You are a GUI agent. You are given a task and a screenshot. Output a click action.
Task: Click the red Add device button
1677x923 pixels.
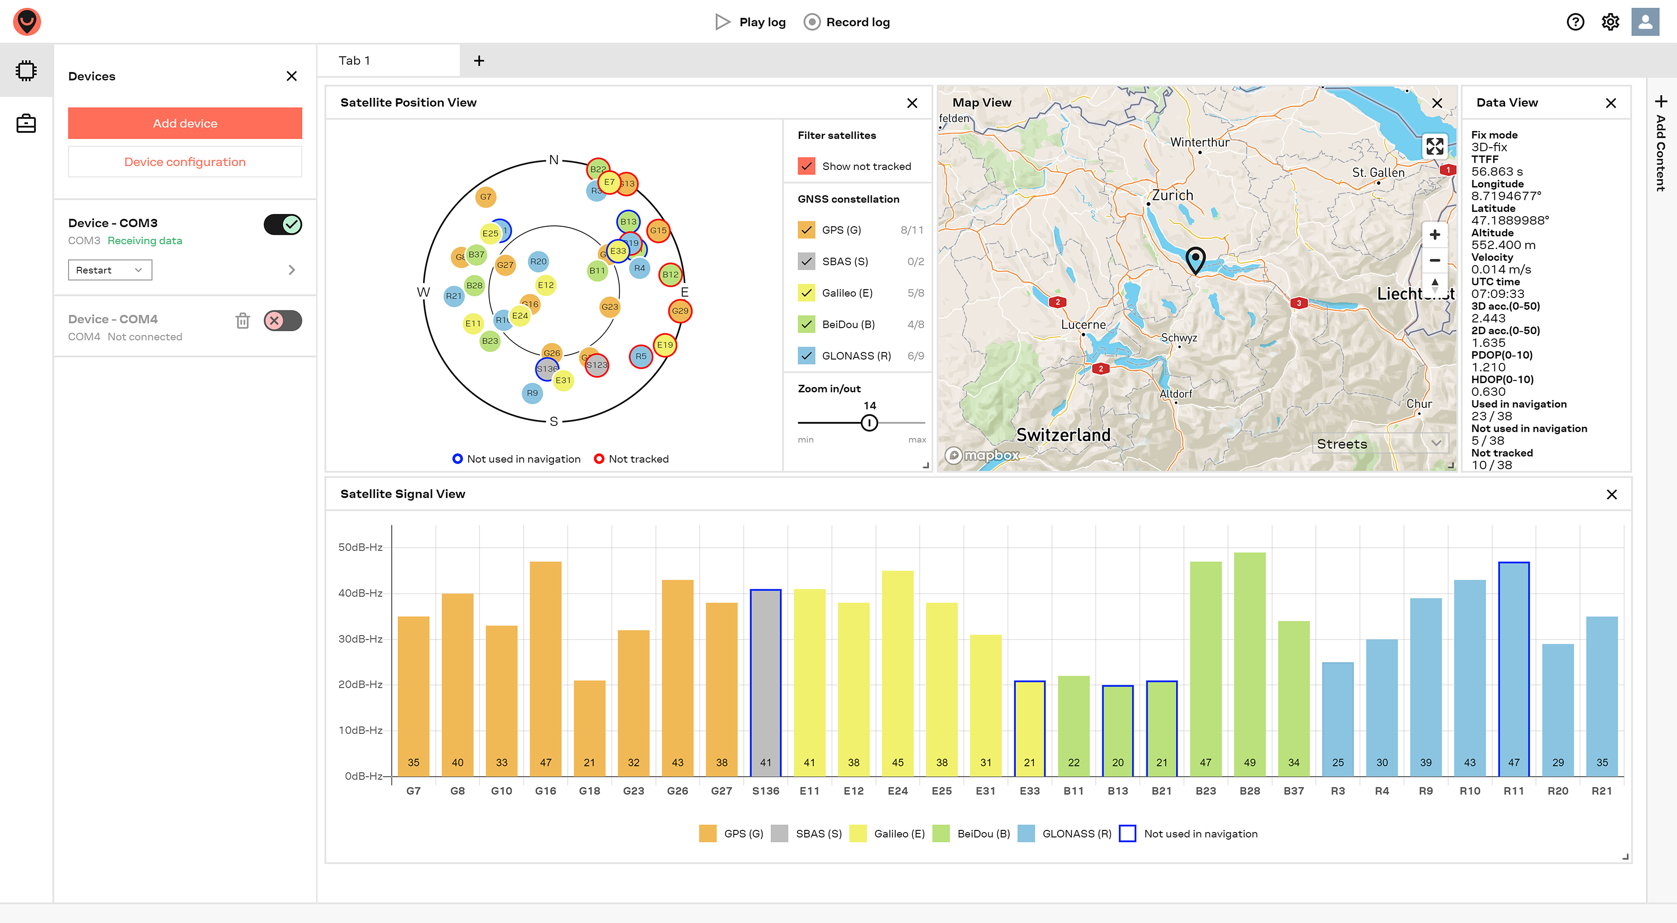point(185,123)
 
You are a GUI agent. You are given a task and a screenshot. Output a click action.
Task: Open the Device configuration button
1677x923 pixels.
point(185,162)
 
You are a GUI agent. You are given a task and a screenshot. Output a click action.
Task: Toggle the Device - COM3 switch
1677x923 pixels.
point(283,225)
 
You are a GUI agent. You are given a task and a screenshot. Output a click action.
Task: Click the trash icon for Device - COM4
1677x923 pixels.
point(243,321)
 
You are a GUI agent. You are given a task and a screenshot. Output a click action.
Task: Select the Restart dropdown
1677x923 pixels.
point(109,270)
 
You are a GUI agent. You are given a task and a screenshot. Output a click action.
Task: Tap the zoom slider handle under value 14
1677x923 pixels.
point(869,423)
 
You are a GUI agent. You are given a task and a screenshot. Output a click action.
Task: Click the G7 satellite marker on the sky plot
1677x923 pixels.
point(486,197)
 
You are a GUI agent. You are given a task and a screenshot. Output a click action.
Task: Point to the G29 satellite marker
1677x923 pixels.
point(680,311)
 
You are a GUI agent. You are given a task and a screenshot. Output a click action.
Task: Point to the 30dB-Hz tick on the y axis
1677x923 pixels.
point(360,638)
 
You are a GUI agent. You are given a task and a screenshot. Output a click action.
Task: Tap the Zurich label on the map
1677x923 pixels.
point(1173,195)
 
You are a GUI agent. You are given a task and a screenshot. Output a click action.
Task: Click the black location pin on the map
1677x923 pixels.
point(1195,259)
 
